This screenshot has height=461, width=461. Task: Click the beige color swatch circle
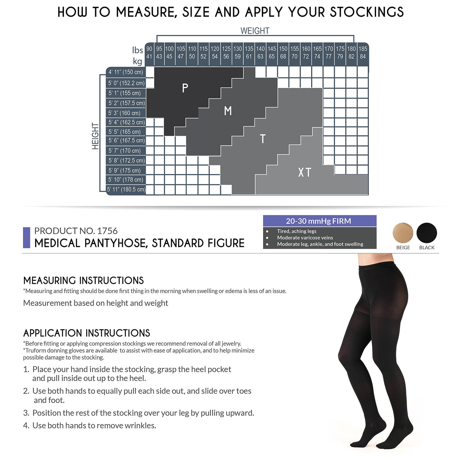tap(403, 233)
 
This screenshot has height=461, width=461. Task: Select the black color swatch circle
tap(426, 233)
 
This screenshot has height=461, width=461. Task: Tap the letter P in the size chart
tap(185, 88)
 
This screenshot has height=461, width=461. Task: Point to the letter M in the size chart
tap(228, 111)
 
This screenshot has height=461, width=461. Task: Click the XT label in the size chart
tap(305, 172)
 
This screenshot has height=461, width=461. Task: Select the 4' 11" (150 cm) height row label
tap(125, 72)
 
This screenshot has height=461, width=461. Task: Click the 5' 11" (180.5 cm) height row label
tap(126, 189)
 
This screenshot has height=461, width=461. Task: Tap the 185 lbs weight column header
tap(363, 49)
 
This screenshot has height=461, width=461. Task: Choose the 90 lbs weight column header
tap(149, 49)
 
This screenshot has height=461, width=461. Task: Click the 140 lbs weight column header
tap(260, 49)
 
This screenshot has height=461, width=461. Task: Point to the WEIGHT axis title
tap(255, 31)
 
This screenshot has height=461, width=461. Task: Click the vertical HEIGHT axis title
tap(95, 136)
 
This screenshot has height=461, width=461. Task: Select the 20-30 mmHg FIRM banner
tap(320, 221)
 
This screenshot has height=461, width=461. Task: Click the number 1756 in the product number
tap(107, 231)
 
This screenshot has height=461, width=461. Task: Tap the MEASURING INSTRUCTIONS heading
tap(84, 281)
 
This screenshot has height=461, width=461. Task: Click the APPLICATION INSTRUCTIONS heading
tap(87, 333)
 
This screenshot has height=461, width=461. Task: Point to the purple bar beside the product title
tap(27, 237)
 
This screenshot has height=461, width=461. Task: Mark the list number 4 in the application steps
tap(26, 425)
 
